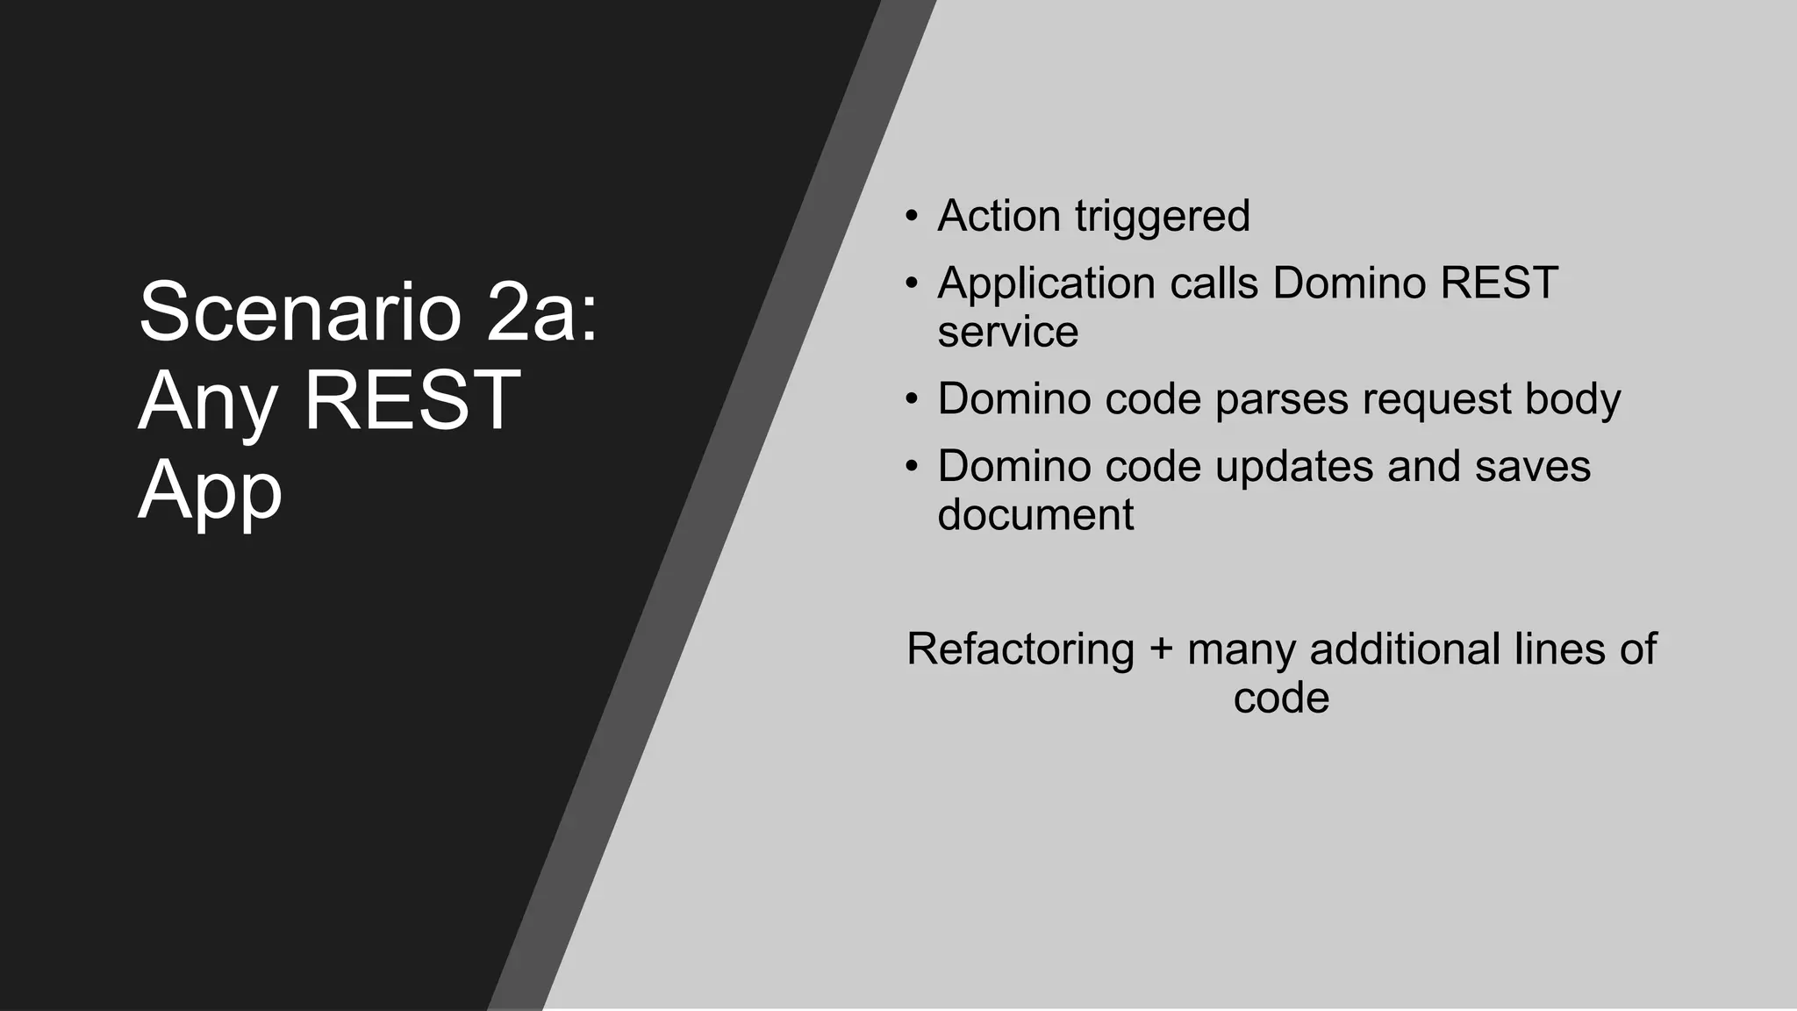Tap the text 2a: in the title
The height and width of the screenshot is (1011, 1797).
pos(542,312)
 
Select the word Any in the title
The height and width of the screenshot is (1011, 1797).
pos(207,402)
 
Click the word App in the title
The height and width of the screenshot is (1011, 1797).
pos(211,491)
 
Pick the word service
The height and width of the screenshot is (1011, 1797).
pos(1007,332)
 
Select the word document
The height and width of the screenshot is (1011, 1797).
pos(1035,514)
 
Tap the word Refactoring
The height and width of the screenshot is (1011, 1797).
pos(1020,650)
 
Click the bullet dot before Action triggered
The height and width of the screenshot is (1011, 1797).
pos(913,217)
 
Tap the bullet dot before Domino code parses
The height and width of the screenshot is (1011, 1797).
pos(913,399)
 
